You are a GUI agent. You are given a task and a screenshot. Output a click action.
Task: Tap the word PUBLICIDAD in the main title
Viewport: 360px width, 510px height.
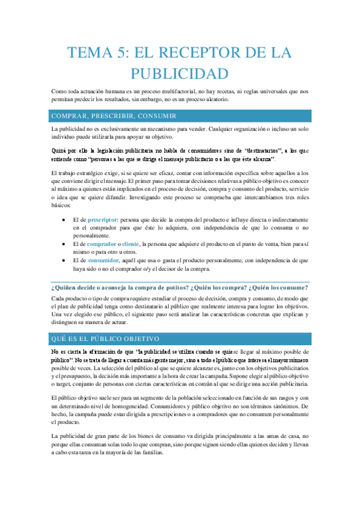[x=180, y=74]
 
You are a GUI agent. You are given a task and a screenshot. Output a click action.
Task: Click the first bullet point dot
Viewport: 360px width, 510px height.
[x=64, y=221]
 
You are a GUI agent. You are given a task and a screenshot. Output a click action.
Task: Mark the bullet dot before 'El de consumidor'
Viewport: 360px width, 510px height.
[x=64, y=260]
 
